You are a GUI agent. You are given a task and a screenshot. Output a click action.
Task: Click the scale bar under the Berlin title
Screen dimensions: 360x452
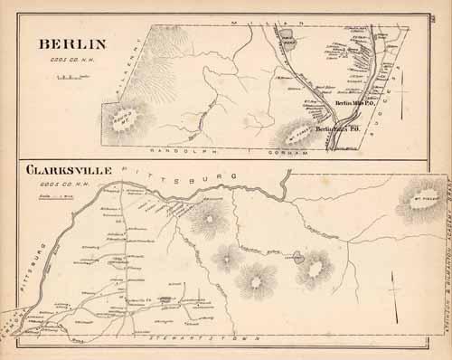tap(68, 78)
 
